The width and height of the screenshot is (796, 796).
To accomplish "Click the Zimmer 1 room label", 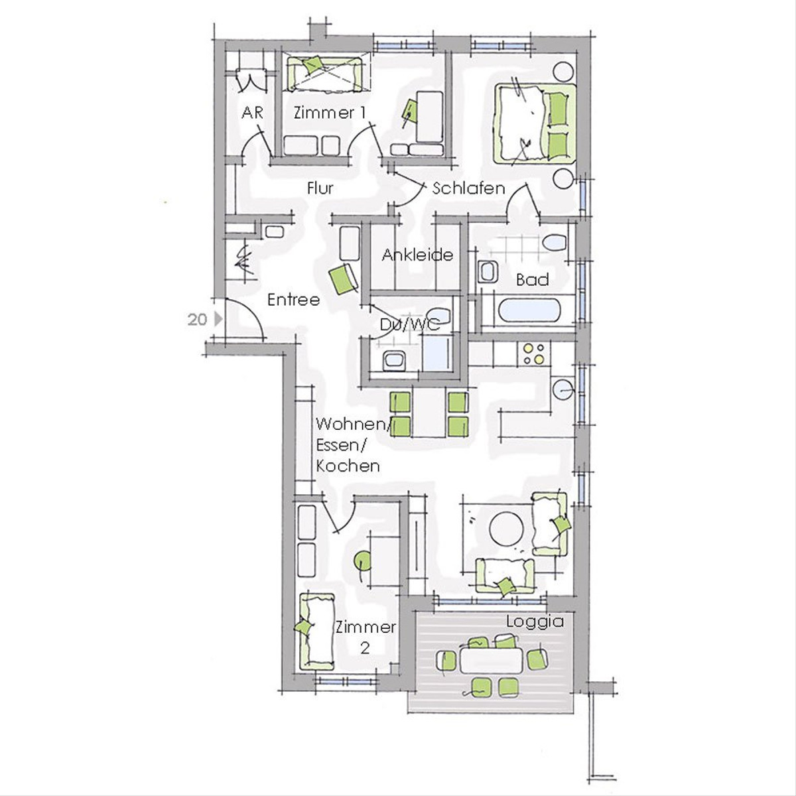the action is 330,113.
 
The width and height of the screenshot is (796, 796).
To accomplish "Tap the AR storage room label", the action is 252,113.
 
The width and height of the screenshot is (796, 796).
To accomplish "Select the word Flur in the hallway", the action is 320,188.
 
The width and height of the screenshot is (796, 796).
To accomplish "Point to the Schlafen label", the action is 469,188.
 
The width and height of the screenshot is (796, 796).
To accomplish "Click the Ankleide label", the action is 417,255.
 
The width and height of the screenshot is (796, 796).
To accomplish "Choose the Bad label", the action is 533,280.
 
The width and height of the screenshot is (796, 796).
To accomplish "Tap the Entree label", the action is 294,300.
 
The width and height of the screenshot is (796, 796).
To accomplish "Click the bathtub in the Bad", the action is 529,310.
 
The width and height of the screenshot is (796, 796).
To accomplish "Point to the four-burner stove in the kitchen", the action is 534,354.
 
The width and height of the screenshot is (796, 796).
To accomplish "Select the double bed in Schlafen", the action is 535,123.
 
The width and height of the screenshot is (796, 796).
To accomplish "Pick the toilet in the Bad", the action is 556,243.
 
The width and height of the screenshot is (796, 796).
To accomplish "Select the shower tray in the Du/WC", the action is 437,353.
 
